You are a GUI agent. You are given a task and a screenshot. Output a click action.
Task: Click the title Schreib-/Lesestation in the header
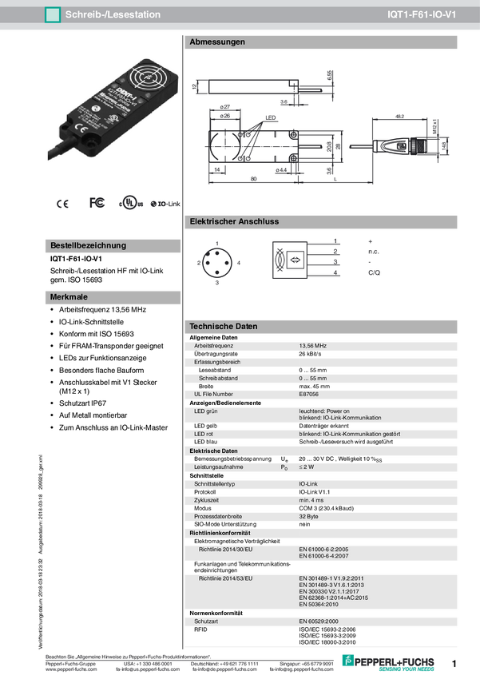coord(113,14)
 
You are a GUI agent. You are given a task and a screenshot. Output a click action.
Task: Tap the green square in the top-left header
coord(52,14)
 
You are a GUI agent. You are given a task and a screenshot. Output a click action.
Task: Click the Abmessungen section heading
coord(216,42)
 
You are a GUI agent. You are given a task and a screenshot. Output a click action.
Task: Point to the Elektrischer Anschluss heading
coord(234,221)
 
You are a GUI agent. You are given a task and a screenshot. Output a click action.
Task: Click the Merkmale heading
coord(69,297)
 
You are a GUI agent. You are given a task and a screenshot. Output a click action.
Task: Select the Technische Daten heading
coord(223,327)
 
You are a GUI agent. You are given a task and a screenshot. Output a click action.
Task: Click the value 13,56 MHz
coord(313,345)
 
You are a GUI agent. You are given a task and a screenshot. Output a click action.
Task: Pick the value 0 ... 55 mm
coord(316,378)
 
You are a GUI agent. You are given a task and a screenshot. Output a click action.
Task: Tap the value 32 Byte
coord(310,516)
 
